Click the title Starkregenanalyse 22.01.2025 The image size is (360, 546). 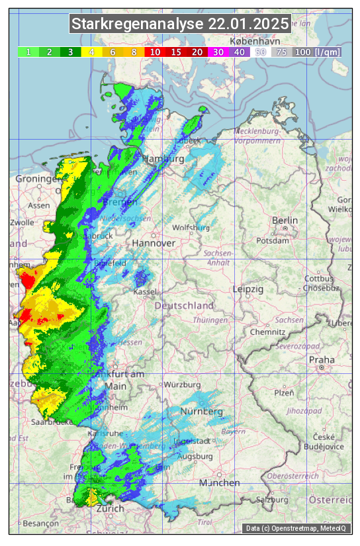[180, 24]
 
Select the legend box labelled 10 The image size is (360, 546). [155, 52]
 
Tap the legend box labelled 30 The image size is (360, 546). [218, 52]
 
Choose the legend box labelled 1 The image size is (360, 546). [28, 52]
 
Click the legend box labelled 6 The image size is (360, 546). [113, 52]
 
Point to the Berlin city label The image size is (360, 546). [285, 220]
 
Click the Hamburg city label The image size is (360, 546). [163, 159]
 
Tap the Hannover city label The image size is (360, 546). [154, 244]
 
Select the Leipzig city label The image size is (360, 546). [248, 289]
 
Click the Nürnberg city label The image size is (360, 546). [202, 412]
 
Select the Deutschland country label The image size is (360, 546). [184, 306]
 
